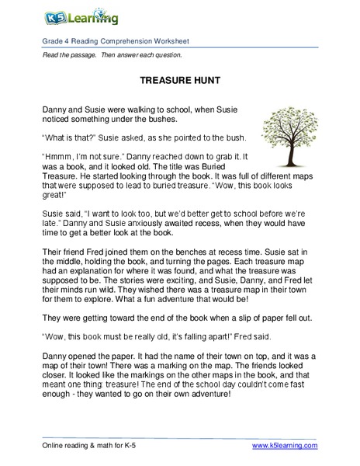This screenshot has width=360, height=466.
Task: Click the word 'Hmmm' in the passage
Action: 55,155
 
